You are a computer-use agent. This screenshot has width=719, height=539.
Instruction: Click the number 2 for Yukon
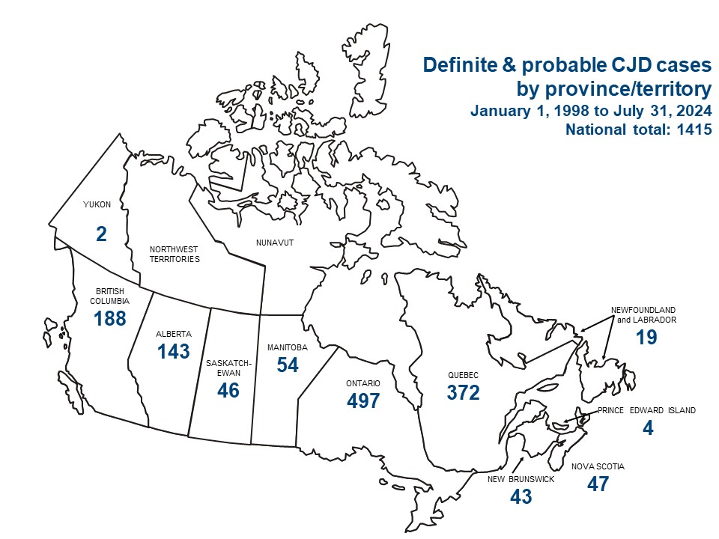pos(102,234)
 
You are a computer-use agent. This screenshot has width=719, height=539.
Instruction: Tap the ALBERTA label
pos(173,334)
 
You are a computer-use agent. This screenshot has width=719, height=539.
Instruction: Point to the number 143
pos(173,352)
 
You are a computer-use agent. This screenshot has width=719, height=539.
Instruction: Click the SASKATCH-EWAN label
pos(223,367)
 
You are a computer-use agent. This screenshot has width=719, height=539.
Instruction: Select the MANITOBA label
pos(287,347)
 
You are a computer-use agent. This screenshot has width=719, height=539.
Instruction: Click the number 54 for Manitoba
pos(287,365)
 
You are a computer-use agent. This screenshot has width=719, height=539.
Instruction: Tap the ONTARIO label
pos(363,383)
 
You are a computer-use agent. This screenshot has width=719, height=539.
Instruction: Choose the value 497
pos(363,401)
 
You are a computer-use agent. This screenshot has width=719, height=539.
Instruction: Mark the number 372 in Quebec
pos(463,392)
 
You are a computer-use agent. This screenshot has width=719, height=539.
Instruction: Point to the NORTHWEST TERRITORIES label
pos(175,254)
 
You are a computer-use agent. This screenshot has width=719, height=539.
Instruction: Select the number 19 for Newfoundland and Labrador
pos(646,338)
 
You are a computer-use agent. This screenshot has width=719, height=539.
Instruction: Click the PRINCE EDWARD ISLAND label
pos(647,410)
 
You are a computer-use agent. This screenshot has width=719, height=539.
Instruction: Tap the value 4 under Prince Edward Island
pos(648,429)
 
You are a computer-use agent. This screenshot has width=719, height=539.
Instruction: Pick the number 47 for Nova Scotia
pos(598,484)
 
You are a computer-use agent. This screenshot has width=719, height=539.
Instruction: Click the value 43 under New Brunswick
pos(521,496)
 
